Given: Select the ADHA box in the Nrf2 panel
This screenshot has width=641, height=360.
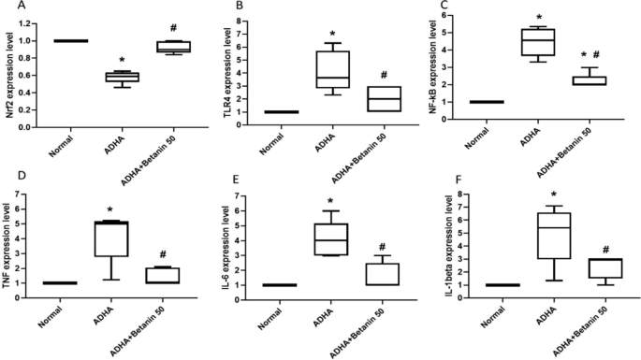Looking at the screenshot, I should click(x=122, y=77).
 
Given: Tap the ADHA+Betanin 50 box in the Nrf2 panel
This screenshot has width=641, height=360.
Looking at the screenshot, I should click(x=172, y=47).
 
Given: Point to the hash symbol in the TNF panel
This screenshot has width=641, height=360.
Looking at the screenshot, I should click(x=166, y=254).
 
